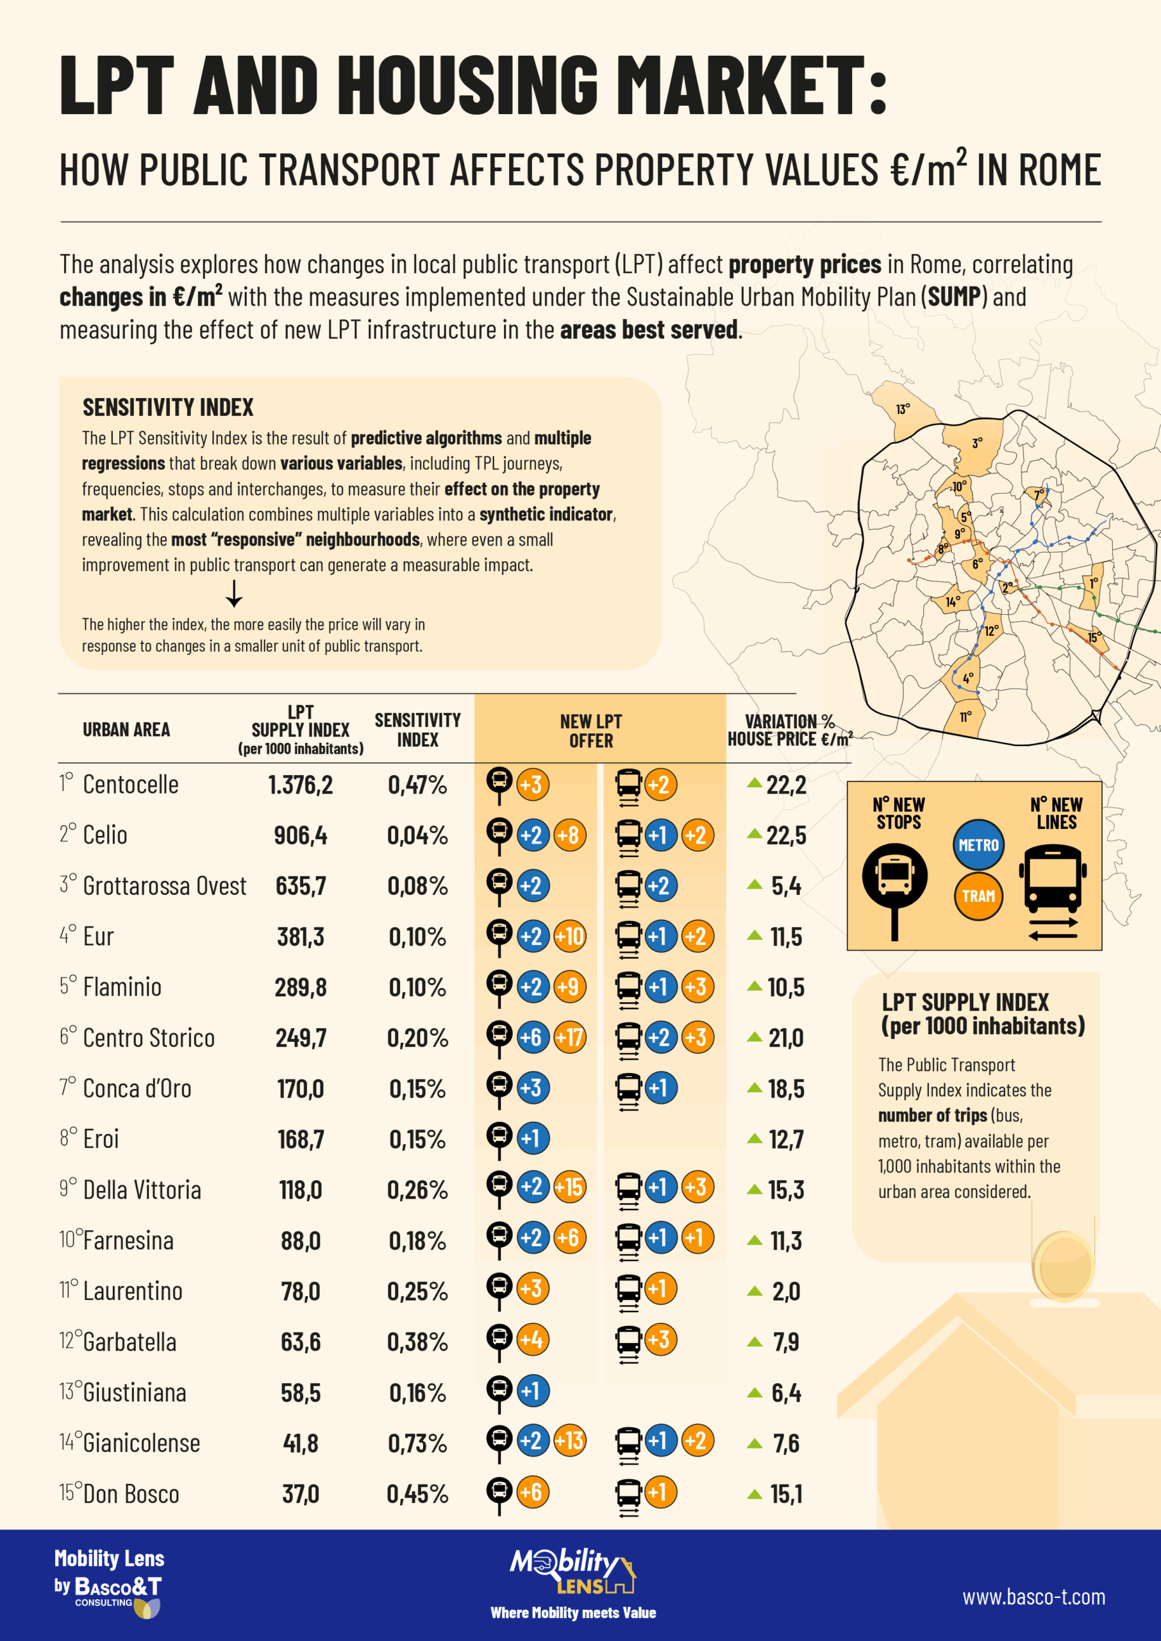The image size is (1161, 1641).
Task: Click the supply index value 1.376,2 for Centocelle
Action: coord(300,785)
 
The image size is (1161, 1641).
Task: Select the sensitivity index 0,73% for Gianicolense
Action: coord(417,1443)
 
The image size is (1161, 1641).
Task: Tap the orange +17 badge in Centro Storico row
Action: coord(570,1037)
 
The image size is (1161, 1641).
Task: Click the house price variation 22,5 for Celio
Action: coord(786,835)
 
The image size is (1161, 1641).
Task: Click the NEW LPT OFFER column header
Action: coord(590,731)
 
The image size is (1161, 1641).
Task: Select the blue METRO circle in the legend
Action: coord(978,845)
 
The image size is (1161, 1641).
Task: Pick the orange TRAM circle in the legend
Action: coord(978,895)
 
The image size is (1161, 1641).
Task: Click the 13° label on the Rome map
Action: coord(903,409)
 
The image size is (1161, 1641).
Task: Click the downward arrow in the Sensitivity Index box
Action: coord(234,593)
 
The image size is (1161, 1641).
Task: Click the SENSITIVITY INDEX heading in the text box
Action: coord(167,408)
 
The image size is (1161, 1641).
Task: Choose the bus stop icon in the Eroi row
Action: coord(499,1138)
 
